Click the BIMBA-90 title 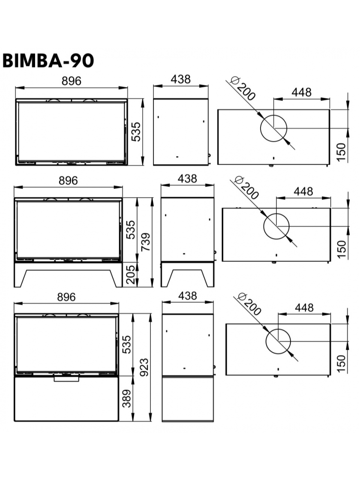tap(48, 60)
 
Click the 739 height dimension tap(146, 242)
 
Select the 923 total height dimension tap(144, 367)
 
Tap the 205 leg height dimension tap(130, 275)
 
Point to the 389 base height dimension tap(126, 399)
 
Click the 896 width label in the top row tap(71, 81)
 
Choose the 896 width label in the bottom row tap(66, 297)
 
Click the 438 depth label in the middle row tap(187, 178)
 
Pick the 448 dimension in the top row tap(302, 92)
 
